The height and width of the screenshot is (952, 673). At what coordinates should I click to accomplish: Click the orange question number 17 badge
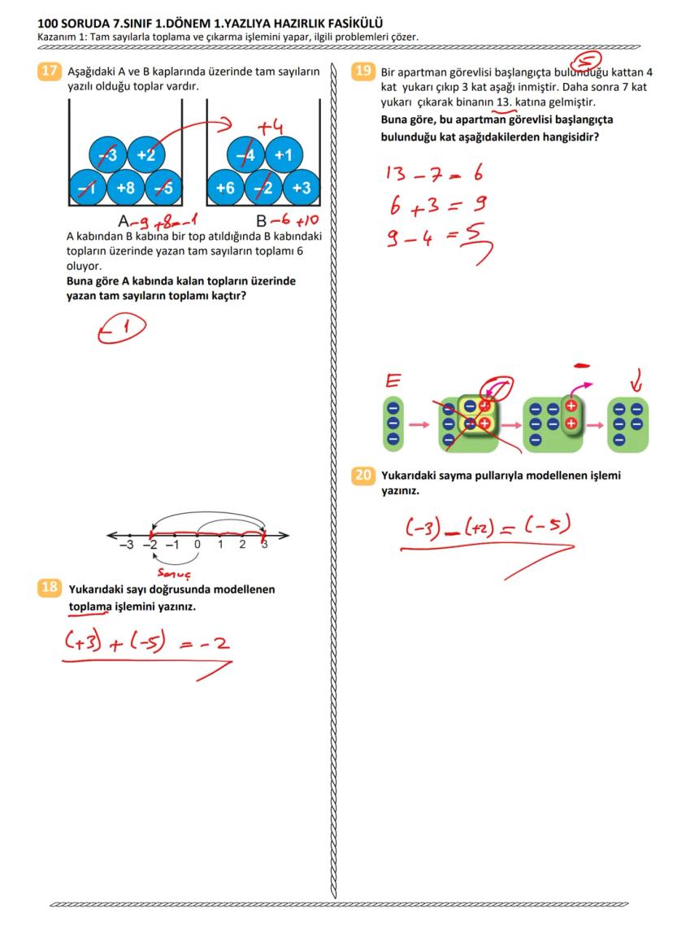click(50, 71)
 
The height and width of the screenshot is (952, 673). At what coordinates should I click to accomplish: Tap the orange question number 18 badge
click(50, 587)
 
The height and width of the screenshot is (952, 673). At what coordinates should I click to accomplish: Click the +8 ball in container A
click(126, 188)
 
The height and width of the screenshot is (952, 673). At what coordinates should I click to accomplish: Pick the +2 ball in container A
click(146, 154)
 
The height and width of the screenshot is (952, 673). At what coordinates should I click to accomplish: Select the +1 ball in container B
click(284, 154)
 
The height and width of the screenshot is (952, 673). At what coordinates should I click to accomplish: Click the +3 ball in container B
click(302, 188)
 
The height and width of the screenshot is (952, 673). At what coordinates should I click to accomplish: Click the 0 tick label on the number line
click(198, 546)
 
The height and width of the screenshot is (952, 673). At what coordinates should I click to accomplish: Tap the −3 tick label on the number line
click(126, 546)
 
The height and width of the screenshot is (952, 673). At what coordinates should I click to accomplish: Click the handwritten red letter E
click(393, 380)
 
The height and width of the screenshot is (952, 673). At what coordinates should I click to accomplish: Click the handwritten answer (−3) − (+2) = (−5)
click(486, 529)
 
